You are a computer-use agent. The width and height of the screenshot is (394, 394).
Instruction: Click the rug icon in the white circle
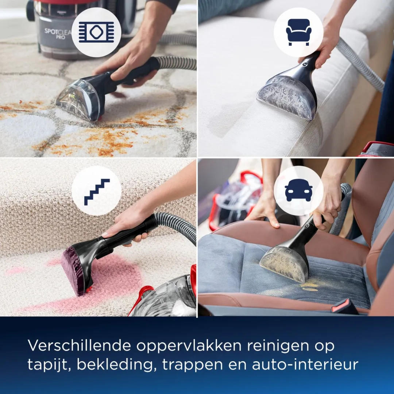tap(96, 32)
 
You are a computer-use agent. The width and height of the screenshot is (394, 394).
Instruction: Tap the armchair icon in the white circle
tap(298, 32)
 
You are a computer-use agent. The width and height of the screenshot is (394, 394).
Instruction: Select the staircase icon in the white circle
tap(96, 191)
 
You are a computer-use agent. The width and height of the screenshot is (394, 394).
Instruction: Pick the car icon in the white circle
tap(298, 190)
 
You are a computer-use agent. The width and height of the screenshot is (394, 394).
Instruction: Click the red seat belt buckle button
tap(344, 306)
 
